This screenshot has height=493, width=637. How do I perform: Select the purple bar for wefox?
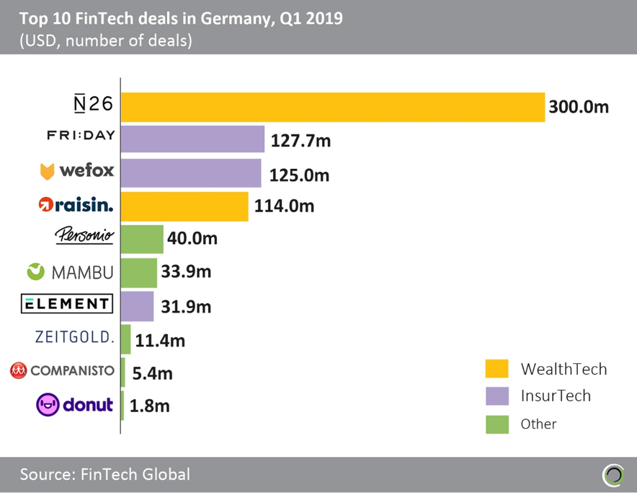tap(191, 173)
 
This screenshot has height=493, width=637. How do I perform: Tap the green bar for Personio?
tap(142, 239)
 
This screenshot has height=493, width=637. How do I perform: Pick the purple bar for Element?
tap(137, 305)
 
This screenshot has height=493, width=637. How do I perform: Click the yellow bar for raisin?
tap(184, 206)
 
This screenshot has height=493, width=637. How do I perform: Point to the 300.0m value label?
tap(579, 107)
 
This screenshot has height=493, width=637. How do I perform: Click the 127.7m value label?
tap(300, 140)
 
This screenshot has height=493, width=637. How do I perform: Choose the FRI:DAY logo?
tap(81, 135)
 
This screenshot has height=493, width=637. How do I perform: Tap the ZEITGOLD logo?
tap(75, 337)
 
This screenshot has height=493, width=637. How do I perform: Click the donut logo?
tap(75, 404)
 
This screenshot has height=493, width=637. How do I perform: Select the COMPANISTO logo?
tap(62, 370)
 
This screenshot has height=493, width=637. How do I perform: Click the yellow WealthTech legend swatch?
tap(497, 369)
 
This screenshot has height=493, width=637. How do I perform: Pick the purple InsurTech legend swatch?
tap(497, 396)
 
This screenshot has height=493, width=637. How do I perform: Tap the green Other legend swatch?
tap(497, 423)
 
